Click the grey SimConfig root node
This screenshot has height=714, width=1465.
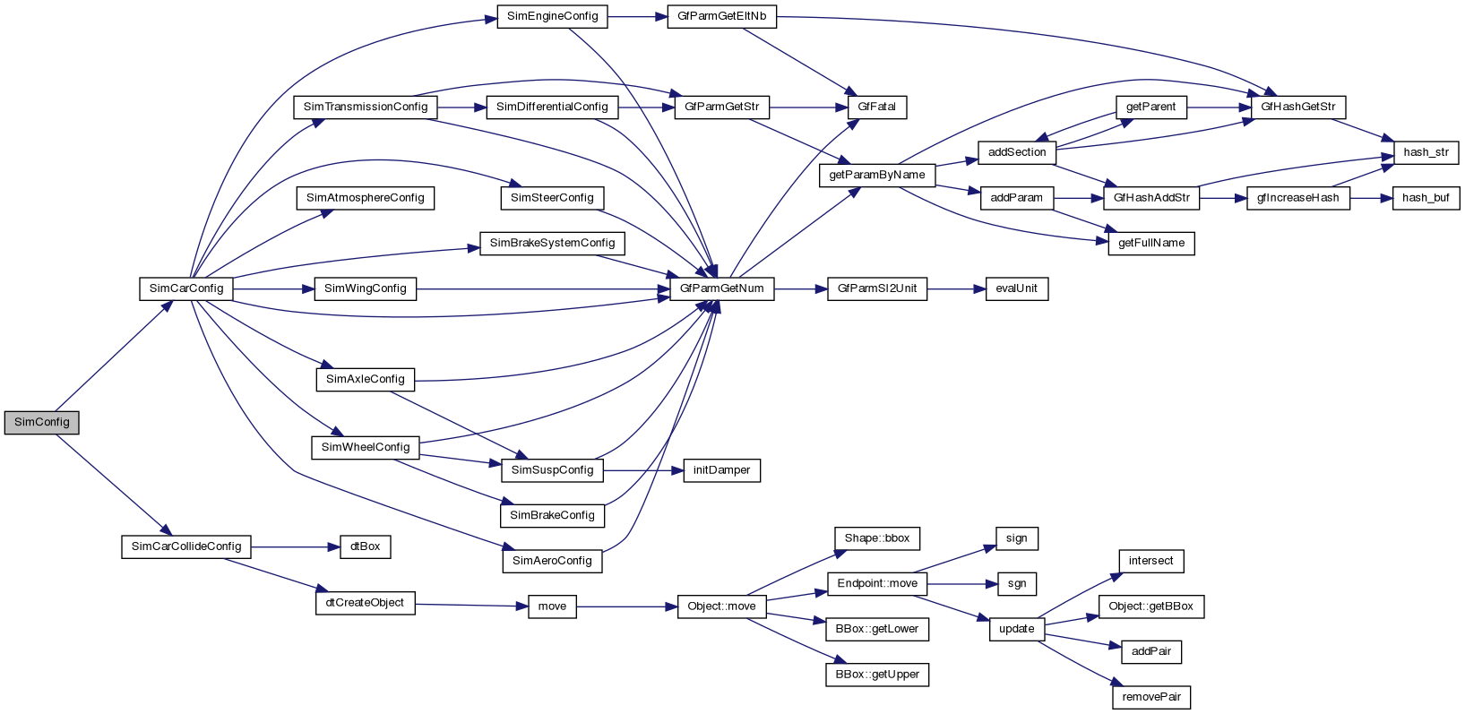point(41,423)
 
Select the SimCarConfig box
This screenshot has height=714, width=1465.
point(186,289)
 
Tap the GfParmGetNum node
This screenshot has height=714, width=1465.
point(721,289)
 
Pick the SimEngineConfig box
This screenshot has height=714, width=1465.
point(552,17)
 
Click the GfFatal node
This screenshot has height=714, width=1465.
point(876,108)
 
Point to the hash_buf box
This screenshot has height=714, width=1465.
point(1426,198)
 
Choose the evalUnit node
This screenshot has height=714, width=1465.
point(1016,289)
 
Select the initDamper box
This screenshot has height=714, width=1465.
point(721,470)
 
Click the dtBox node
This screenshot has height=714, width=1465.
point(365,546)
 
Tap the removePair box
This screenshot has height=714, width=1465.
point(1151,697)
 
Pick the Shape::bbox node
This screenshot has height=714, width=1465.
point(876,538)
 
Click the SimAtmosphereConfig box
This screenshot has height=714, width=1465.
point(365,198)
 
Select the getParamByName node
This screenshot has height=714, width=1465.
point(876,176)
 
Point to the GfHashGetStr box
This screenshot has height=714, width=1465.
point(1297,108)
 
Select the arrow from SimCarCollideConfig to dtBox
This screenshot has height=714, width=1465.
point(295,546)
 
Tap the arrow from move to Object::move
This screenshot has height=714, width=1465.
point(626,606)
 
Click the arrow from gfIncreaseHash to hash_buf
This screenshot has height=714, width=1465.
point(1370,198)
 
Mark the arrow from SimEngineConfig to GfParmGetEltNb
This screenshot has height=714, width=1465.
point(636,17)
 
